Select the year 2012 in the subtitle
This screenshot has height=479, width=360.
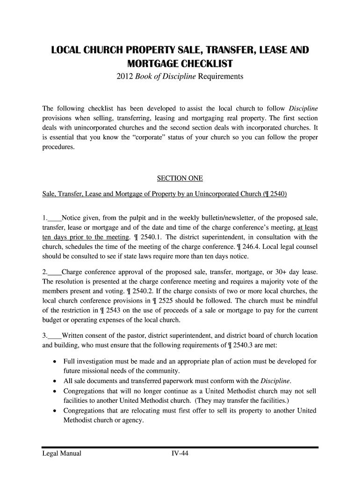(124, 76)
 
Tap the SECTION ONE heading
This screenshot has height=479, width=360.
(180, 178)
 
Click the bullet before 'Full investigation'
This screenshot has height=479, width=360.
(55, 362)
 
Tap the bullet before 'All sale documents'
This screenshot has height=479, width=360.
(55, 381)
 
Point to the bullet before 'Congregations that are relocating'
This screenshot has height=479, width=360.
(55, 411)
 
